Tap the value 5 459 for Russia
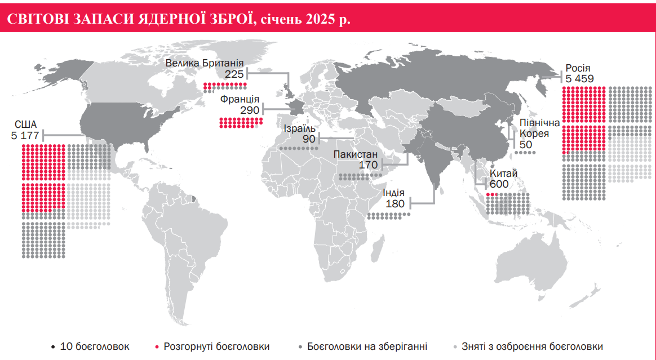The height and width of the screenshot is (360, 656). (x=579, y=79)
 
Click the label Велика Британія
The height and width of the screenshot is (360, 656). (x=205, y=63)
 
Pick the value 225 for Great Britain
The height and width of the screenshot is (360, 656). (x=234, y=74)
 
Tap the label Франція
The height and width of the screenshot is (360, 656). (x=240, y=99)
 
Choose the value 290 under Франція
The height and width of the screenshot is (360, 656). (x=250, y=110)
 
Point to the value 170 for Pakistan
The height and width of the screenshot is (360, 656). (x=368, y=166)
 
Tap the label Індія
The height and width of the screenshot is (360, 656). (x=394, y=193)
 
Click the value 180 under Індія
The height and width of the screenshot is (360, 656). (x=395, y=204)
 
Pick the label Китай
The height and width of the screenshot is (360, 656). (x=503, y=174)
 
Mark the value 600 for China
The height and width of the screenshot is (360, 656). (x=499, y=184)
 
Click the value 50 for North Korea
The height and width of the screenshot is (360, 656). (x=526, y=145)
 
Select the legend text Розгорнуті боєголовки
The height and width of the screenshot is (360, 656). (x=216, y=346)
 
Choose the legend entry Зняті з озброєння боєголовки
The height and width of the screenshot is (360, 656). (x=532, y=346)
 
